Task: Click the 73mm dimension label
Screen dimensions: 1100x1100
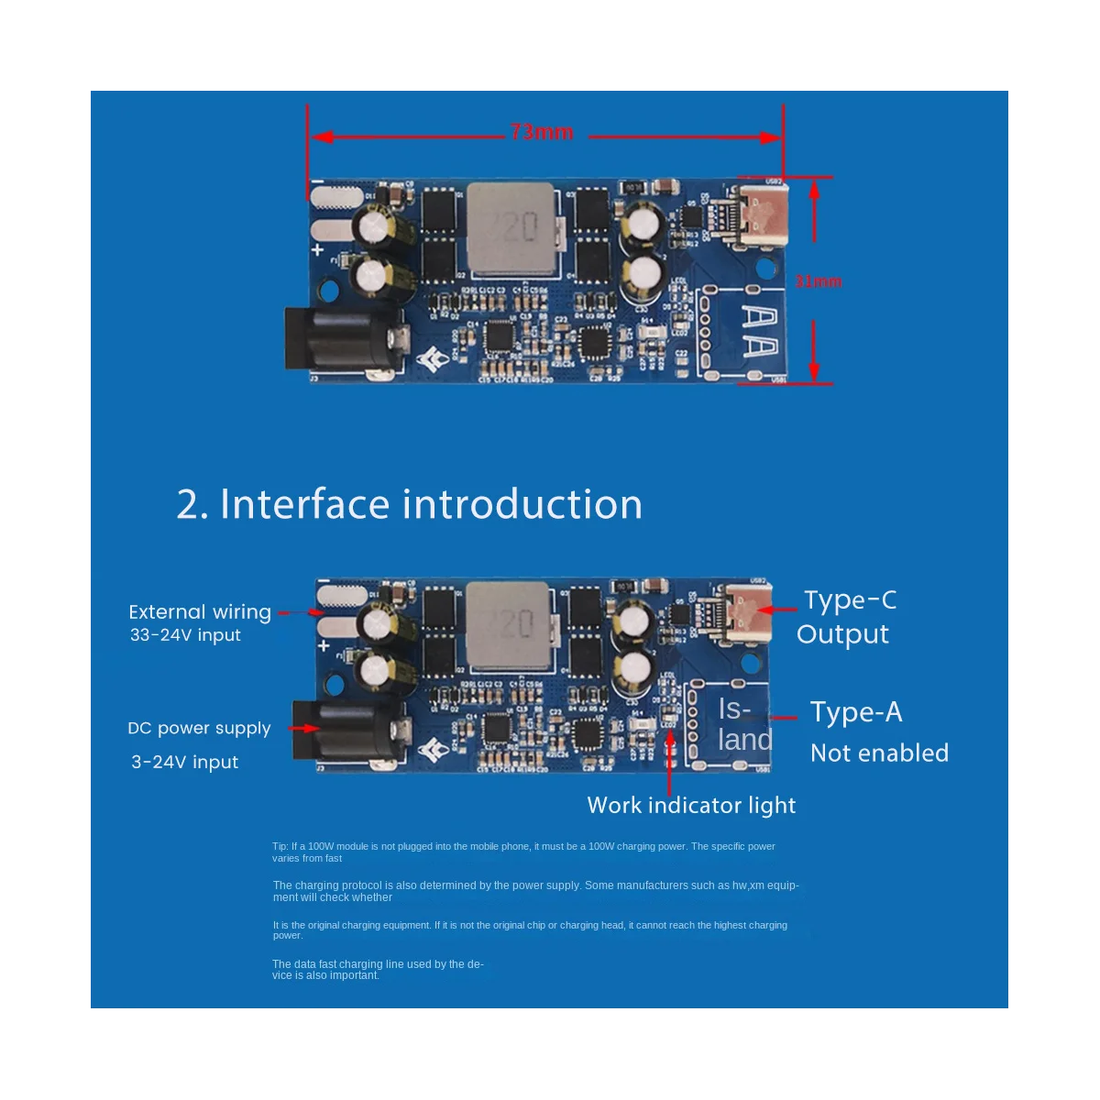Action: [542, 133]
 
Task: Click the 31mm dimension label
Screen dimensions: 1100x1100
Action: [818, 281]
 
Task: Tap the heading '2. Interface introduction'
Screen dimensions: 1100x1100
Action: [409, 504]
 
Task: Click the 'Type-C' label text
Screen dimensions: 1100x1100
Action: [850, 600]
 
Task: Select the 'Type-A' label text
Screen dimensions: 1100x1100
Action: [856, 712]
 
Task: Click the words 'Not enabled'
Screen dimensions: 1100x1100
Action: [879, 753]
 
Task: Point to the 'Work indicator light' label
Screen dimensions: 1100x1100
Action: [691, 806]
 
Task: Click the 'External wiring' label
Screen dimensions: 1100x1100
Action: [200, 612]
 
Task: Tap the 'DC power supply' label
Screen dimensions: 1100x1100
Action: [199, 729]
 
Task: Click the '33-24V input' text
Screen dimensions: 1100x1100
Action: [185, 635]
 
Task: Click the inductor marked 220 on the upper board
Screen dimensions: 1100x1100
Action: [511, 229]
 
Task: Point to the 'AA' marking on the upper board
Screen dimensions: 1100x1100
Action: [760, 332]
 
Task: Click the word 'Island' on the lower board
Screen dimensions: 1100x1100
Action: [744, 724]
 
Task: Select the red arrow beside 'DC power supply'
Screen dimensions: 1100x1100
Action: [302, 729]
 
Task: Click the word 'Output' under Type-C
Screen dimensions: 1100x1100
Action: [842, 634]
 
